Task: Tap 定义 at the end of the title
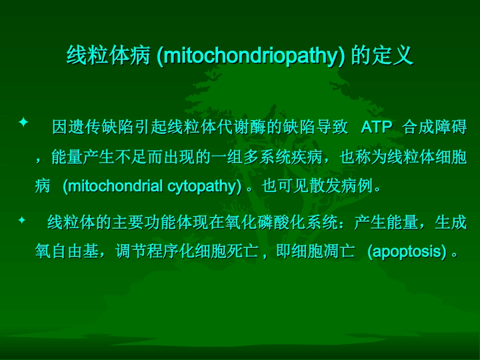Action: click(398, 56)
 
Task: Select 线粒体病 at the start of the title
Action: click(109, 56)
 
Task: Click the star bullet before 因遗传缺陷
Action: click(22, 123)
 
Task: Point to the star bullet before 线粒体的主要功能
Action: click(22, 220)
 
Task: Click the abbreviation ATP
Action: click(376, 127)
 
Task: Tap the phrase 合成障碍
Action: click(435, 127)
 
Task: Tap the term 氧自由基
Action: click(67, 251)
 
